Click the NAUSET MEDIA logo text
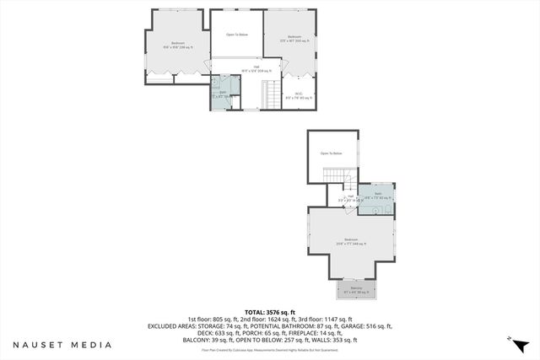(x=62, y=344)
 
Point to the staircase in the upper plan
(x=273, y=94)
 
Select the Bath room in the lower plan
(x=378, y=196)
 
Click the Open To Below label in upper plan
(x=236, y=35)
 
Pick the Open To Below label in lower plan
(x=331, y=153)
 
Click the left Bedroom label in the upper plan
(x=178, y=46)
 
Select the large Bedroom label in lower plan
(x=351, y=241)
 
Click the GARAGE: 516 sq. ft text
(x=370, y=325)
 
